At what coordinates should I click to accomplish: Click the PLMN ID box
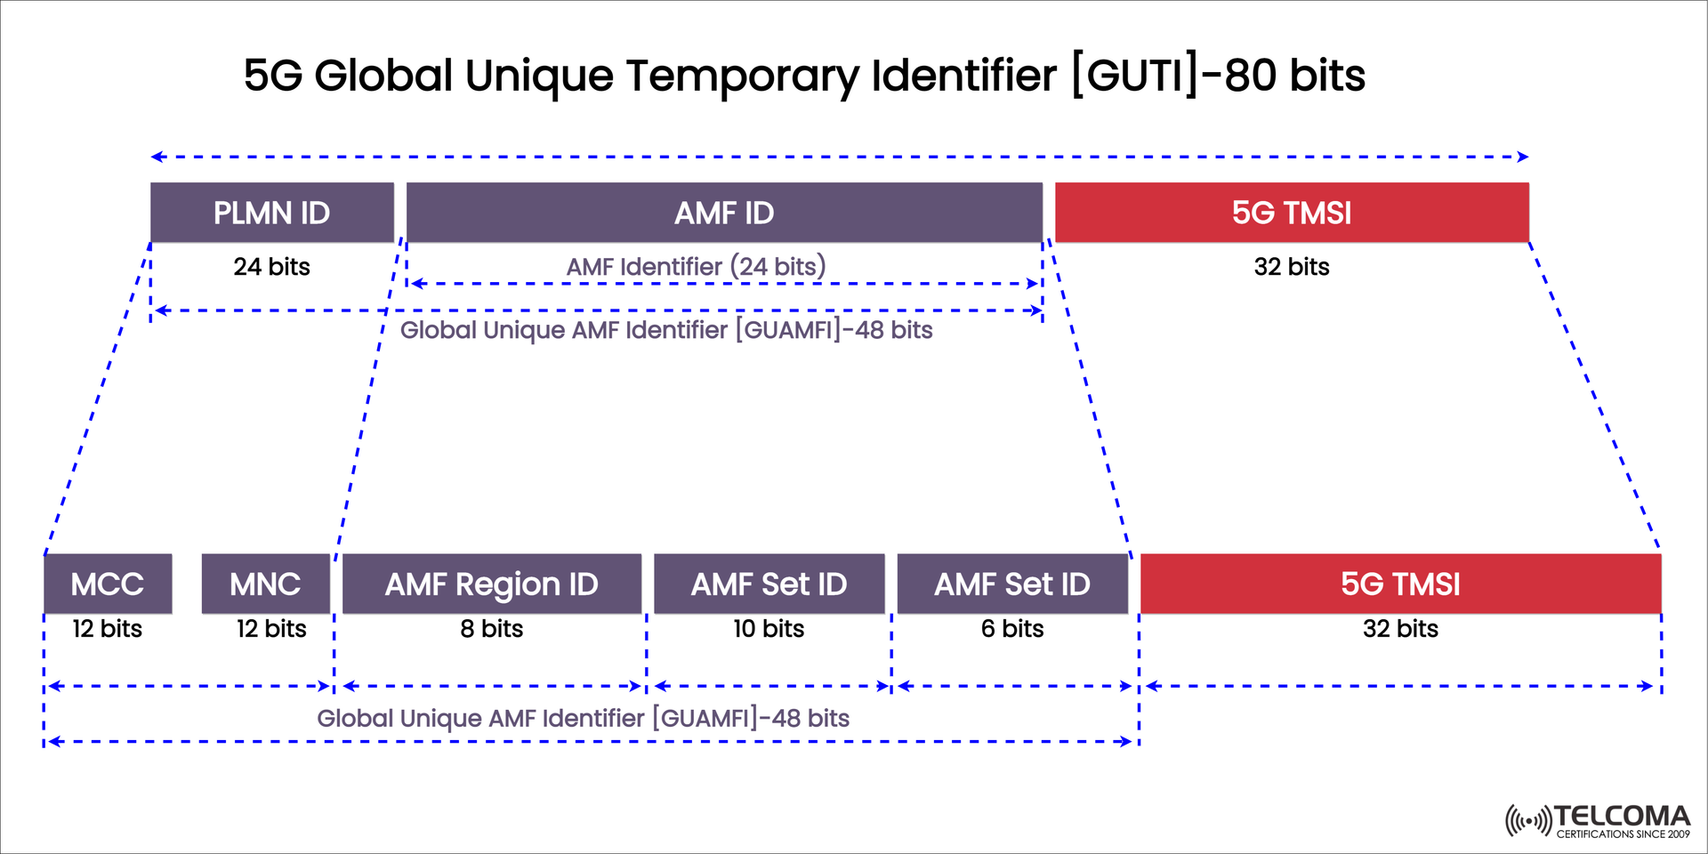click(x=271, y=213)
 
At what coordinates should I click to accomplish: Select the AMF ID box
click(x=723, y=213)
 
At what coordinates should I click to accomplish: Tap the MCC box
click(x=107, y=584)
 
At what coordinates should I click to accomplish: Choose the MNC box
click(x=265, y=584)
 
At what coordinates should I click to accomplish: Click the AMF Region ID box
click(x=491, y=584)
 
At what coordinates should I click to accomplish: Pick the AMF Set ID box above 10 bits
click(x=769, y=584)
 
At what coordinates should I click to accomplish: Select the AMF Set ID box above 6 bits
click(x=1011, y=584)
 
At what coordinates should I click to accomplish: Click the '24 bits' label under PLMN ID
click(x=271, y=267)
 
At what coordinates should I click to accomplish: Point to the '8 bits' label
click(x=491, y=629)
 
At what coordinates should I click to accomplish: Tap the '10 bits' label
click(x=769, y=629)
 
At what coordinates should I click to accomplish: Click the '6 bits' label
click(x=1011, y=629)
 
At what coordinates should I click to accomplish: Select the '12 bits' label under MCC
click(x=107, y=629)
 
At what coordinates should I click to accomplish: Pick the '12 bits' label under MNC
click(x=270, y=629)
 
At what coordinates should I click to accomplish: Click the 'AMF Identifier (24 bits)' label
click(x=696, y=266)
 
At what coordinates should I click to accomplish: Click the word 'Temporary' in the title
click(x=742, y=76)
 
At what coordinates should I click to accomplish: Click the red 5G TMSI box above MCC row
click(x=1291, y=213)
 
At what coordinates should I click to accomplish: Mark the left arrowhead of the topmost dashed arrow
click(x=157, y=157)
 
